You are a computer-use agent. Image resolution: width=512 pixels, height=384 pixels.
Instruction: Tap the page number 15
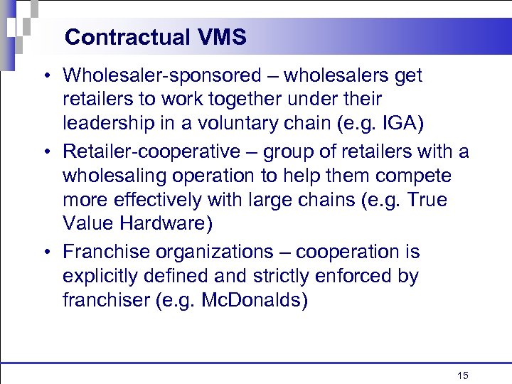463,375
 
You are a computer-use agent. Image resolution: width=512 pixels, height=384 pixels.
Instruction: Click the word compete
418,175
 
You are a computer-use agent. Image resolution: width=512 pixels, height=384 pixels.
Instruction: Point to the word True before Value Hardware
425,200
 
